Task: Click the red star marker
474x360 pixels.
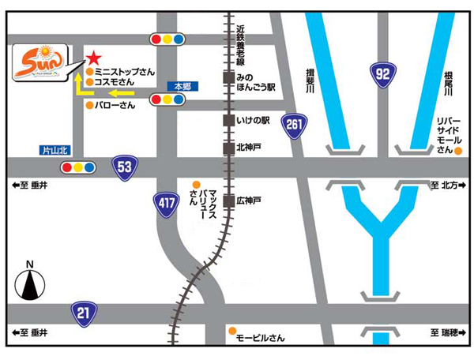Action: [x=93, y=58]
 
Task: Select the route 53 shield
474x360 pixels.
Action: [x=124, y=167]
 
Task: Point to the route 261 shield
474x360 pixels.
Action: [x=294, y=124]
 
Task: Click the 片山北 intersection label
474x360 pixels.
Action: [x=55, y=150]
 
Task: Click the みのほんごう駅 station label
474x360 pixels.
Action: [x=254, y=82]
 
